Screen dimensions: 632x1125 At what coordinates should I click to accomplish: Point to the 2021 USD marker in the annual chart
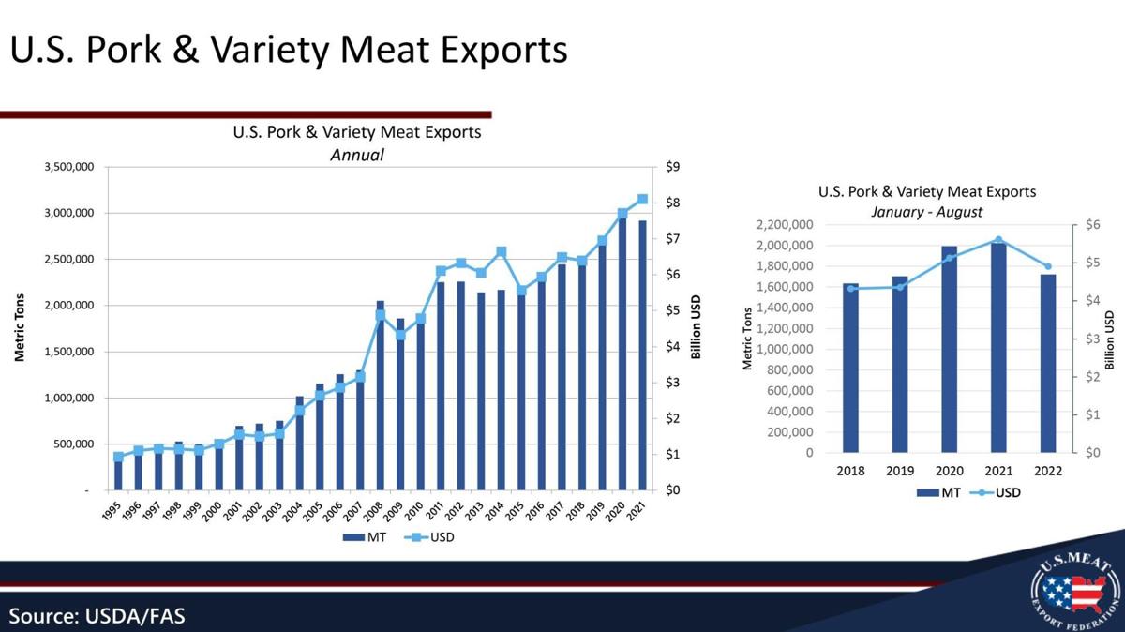click(x=642, y=200)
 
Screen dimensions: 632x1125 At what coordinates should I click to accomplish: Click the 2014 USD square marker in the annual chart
click(x=502, y=251)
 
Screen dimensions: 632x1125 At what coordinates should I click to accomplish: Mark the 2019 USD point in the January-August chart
click(x=900, y=287)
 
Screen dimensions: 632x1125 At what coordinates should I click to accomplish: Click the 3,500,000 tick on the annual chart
click(x=68, y=168)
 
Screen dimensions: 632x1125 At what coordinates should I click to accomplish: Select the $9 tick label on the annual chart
click(x=672, y=168)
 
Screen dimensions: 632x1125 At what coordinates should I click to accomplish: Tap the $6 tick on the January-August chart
click(x=1092, y=225)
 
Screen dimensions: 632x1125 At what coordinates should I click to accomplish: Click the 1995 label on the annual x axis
click(x=112, y=511)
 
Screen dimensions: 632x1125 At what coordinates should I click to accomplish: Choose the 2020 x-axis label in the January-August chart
click(x=949, y=471)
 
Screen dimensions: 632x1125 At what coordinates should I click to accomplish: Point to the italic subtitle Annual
click(x=357, y=155)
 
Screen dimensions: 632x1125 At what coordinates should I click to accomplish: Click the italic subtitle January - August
click(x=926, y=212)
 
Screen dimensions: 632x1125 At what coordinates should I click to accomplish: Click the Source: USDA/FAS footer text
click(x=97, y=616)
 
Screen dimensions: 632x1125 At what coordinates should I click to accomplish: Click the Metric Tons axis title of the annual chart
click(x=19, y=328)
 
